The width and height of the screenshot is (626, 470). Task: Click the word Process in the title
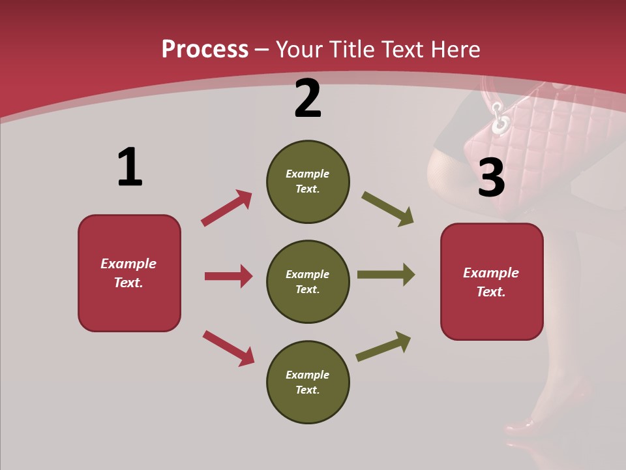(205, 49)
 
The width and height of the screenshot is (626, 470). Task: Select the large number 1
(129, 167)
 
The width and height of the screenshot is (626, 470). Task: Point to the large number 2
(308, 99)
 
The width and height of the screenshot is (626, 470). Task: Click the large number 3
(491, 178)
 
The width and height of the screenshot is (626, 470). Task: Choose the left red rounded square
(129, 273)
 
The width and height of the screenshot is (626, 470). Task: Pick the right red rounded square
(492, 282)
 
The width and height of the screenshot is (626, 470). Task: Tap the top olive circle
(308, 181)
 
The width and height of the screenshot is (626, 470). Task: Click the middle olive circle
(308, 281)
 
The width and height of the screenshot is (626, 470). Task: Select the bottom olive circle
(308, 382)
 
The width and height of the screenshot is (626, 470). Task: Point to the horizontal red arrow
(228, 276)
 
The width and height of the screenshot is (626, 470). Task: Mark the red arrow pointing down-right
(228, 348)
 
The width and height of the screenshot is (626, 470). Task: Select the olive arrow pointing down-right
(387, 209)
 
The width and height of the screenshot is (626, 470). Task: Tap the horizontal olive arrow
(385, 274)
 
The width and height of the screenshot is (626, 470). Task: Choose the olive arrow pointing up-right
(383, 346)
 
